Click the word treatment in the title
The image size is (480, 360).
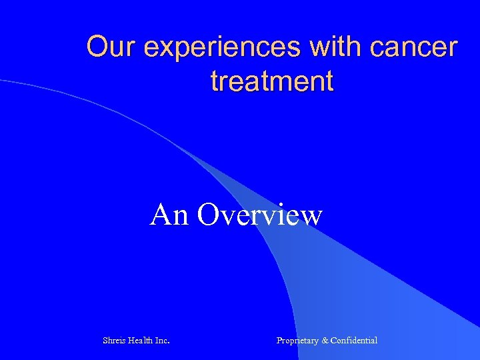tap(271, 81)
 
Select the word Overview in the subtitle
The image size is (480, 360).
tap(260, 215)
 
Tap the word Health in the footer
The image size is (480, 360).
tap(141, 341)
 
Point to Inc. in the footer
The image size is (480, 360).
tap(162, 341)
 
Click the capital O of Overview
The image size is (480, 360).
tap(207, 215)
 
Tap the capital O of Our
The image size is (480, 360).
tap(97, 47)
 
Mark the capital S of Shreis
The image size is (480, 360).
tap(105, 341)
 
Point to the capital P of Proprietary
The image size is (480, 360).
tap(279, 341)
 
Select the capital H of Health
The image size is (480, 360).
tap(131, 341)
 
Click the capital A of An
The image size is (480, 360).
tap(161, 215)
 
